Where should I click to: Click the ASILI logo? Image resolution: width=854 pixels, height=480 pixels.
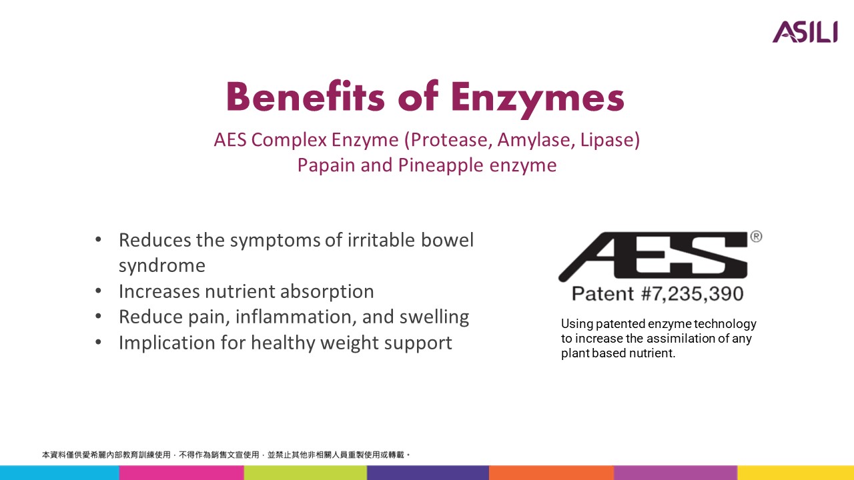(x=805, y=32)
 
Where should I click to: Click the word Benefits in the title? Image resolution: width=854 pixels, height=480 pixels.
(x=306, y=97)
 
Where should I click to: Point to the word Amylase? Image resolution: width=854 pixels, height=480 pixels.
(x=536, y=141)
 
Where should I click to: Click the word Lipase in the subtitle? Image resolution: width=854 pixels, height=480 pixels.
(x=606, y=141)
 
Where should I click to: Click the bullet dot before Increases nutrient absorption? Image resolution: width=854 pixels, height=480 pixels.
(x=98, y=291)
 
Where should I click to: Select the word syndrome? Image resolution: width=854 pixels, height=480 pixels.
(x=162, y=266)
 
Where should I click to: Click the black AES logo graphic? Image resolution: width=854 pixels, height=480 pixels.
(x=653, y=256)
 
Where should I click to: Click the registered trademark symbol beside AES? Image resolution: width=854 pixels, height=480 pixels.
(x=757, y=237)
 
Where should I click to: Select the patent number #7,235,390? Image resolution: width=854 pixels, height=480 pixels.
(x=693, y=294)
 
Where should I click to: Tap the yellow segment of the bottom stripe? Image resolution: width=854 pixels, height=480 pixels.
(x=796, y=473)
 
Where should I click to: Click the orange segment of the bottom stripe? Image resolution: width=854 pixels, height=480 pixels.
(x=551, y=473)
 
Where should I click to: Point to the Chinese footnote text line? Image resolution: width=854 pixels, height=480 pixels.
(x=226, y=455)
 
